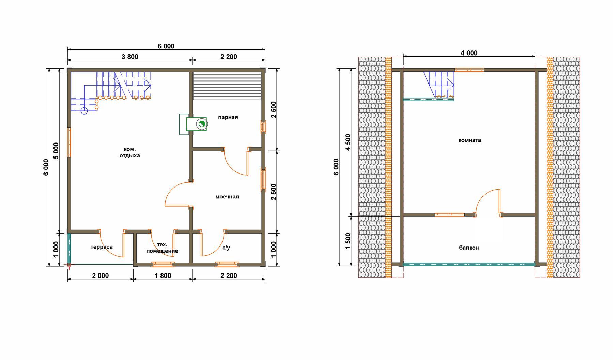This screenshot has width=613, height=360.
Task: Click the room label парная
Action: [x=228, y=117]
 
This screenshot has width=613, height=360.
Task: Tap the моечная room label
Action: [x=227, y=197]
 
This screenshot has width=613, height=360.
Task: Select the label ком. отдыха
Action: [x=129, y=152]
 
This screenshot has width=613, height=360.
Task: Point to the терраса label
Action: [x=102, y=247]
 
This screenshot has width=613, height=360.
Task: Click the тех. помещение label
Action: [x=162, y=248]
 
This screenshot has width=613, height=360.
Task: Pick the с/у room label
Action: [x=226, y=247]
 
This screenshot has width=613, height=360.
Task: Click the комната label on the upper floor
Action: [x=470, y=140]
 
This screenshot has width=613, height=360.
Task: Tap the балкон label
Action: [x=469, y=248]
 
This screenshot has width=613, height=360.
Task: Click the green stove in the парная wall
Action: [x=197, y=124]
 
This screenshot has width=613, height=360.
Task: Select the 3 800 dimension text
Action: [x=130, y=57]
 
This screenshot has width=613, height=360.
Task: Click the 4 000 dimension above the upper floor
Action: [x=469, y=53]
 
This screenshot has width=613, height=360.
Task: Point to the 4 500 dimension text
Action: [x=348, y=142]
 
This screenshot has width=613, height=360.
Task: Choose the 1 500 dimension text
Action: [x=348, y=241]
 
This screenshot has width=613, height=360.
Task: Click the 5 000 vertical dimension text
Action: [x=56, y=150]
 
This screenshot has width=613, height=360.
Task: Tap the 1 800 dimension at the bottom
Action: [x=163, y=275]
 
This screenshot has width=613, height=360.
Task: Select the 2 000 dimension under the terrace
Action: [x=101, y=275]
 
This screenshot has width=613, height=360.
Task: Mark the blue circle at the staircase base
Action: [x=84, y=111]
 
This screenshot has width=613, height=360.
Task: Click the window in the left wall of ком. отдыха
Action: [x=69, y=142]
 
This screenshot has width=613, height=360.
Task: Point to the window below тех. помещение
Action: [x=163, y=264]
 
